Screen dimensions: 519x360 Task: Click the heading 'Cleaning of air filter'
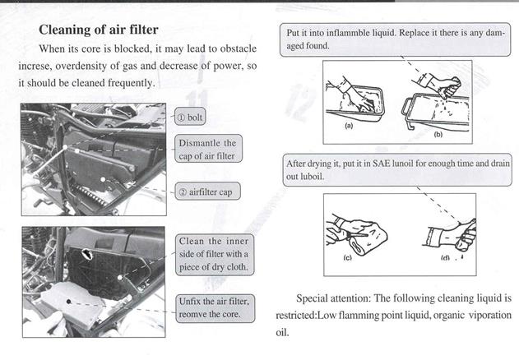pyautogui.click(x=99, y=30)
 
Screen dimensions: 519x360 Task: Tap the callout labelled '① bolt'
pyautogui.click(x=194, y=118)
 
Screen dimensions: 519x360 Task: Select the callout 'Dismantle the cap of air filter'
pyautogui.click(x=206, y=150)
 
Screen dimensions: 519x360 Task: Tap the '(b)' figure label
pyautogui.click(x=438, y=132)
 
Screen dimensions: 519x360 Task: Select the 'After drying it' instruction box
pyautogui.click(x=397, y=169)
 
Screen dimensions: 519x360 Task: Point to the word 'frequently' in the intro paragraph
pyautogui.click(x=126, y=84)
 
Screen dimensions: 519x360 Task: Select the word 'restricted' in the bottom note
pyautogui.click(x=303, y=316)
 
